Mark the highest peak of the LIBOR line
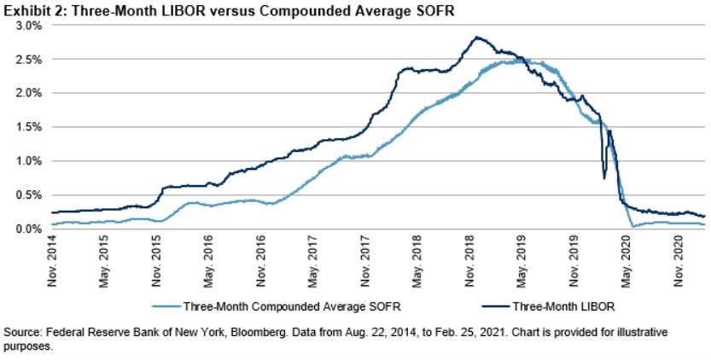point(476,38)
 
